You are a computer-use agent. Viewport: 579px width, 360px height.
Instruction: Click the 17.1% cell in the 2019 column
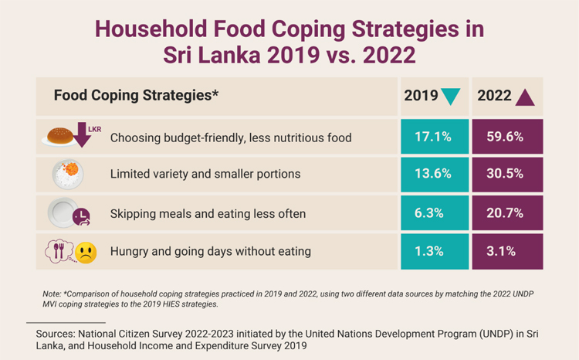tap(432, 138)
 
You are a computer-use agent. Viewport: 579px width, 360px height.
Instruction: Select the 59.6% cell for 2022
tap(506, 138)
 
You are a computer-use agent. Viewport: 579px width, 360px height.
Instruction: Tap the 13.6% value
tap(432, 174)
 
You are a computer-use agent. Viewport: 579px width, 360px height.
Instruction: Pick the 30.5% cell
tap(506, 174)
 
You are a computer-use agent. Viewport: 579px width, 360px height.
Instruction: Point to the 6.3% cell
tap(432, 213)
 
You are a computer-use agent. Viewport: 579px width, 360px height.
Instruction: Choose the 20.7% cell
tap(506, 213)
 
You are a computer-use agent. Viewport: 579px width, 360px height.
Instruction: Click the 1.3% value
tap(432, 250)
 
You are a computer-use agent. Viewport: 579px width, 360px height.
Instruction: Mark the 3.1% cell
tap(506, 250)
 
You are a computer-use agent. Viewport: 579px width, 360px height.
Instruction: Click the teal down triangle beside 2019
tap(450, 97)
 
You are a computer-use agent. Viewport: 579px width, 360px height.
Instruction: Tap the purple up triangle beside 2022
tap(525, 97)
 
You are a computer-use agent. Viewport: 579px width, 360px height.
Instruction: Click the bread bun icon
tap(59, 136)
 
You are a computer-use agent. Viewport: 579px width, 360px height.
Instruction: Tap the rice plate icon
tap(67, 174)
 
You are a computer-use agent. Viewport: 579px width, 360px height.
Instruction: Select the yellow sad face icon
tap(86, 253)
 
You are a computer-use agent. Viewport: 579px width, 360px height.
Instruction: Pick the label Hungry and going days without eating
tap(210, 250)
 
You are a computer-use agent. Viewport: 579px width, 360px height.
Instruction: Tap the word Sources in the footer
tap(49, 335)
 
